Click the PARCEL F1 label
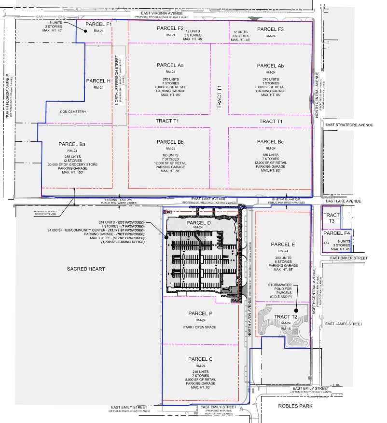(99, 24)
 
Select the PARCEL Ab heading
(270, 66)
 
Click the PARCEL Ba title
(72, 144)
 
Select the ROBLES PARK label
(295, 406)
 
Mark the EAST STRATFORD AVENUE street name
(349, 125)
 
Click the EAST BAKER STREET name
(350, 259)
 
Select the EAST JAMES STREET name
(344, 324)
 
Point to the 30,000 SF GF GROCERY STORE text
(72, 164)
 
